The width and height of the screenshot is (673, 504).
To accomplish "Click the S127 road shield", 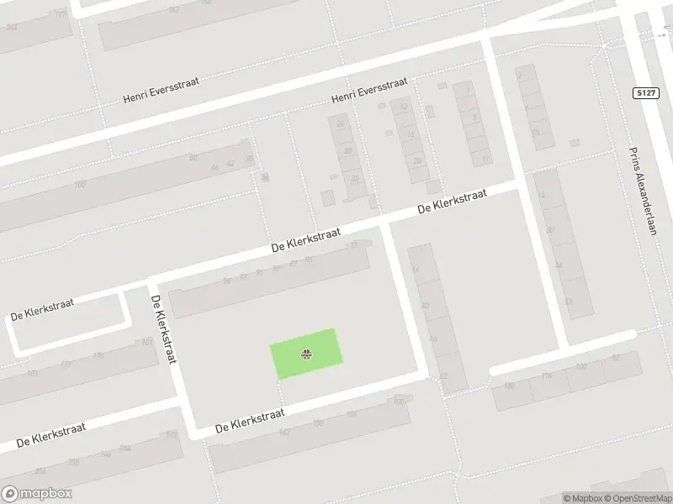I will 645,93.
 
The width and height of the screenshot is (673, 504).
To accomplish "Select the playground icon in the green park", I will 306,355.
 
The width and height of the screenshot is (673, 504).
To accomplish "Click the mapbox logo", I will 37,494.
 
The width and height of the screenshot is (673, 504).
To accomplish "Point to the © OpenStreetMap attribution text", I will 638,498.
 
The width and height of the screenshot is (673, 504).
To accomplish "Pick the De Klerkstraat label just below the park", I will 250,420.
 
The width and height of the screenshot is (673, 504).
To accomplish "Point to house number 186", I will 508,386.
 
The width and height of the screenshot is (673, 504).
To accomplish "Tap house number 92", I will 617,358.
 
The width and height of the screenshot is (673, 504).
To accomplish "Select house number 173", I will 98,356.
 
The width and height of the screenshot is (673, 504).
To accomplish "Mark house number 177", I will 66,365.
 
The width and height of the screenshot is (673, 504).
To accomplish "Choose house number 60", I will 193,157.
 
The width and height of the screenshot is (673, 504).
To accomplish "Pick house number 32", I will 354,178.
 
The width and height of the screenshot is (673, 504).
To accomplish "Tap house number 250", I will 73,462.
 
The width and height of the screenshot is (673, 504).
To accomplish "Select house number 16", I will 410,134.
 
